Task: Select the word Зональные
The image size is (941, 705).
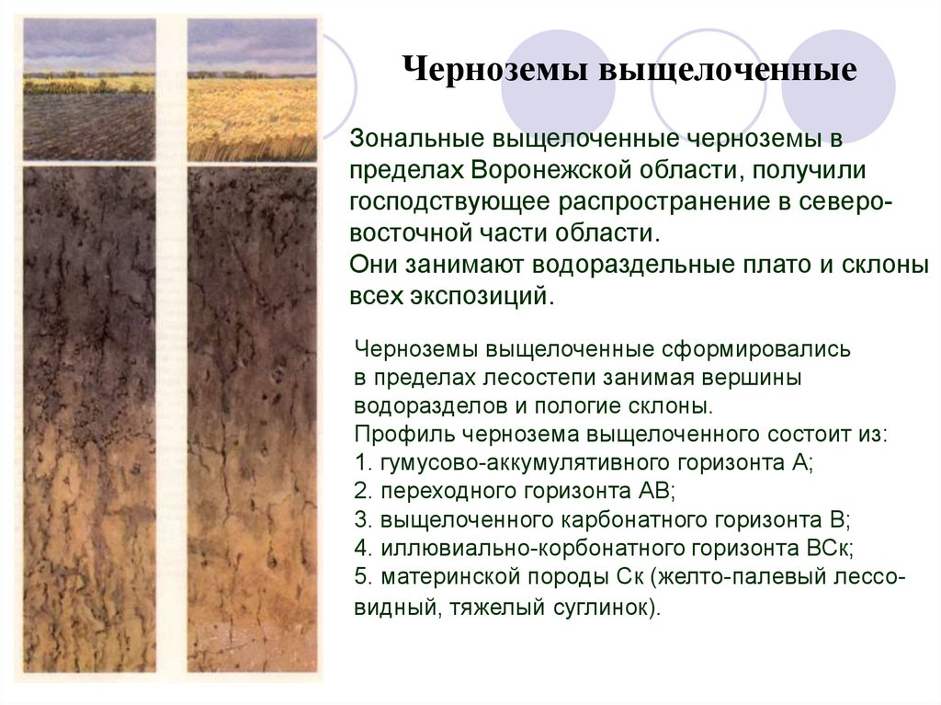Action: point(417,138)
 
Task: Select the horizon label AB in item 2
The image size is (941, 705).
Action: point(656,491)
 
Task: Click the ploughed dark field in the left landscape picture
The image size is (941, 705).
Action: point(89,126)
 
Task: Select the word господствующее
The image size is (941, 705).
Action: point(449,202)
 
